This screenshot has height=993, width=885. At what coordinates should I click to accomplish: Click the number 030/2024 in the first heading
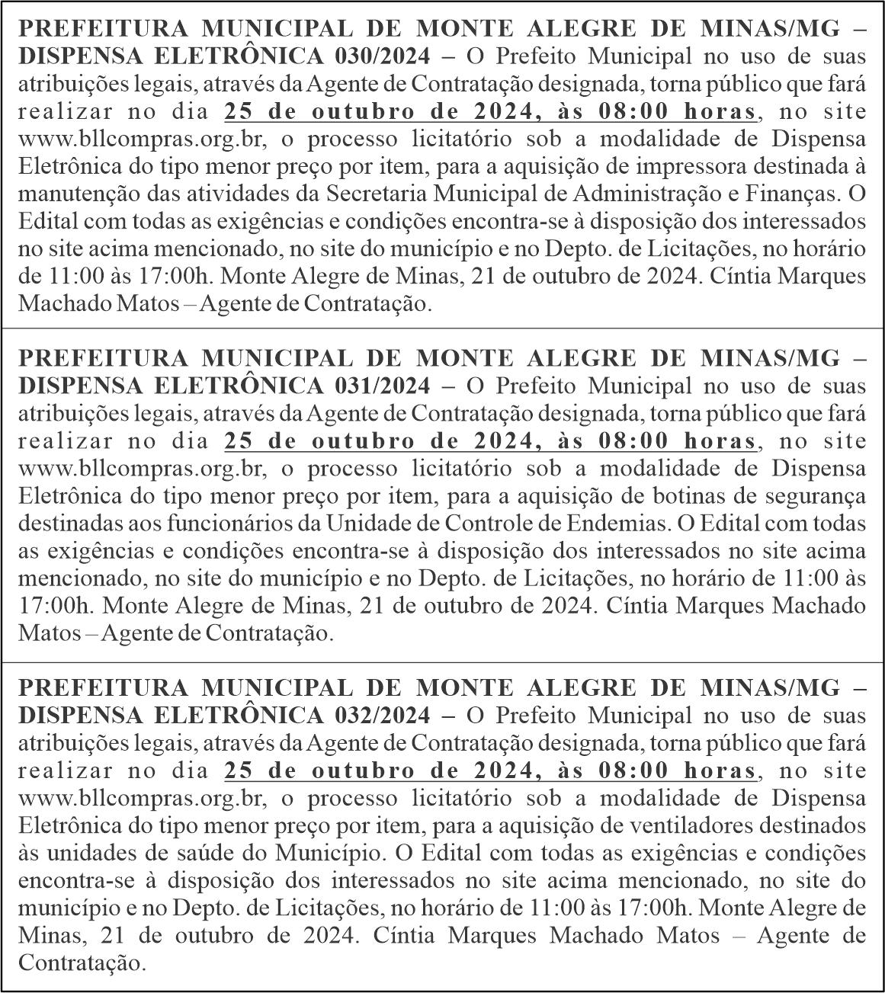tap(382, 57)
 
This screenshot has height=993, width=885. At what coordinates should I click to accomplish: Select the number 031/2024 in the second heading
tap(382, 386)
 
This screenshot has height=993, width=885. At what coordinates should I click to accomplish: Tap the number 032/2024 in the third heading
tap(382, 716)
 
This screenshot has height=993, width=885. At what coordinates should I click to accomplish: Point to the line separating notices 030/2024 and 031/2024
tap(442, 328)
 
